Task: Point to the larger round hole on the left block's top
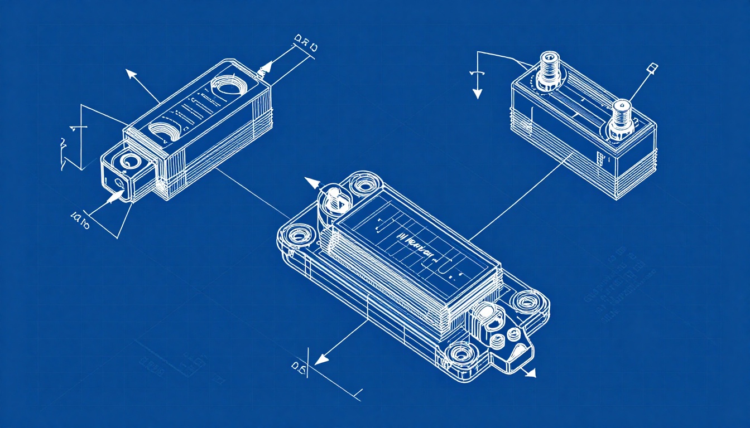(227, 87)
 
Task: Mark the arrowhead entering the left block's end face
(118, 196)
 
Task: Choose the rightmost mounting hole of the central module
(526, 302)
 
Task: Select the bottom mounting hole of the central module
(461, 352)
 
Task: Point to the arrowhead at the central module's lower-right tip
(531, 373)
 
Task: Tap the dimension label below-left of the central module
(299, 366)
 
